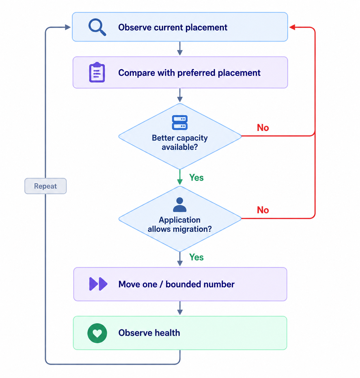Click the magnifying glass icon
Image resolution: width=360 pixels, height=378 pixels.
point(97,27)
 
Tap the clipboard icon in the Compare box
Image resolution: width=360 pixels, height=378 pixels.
point(97,72)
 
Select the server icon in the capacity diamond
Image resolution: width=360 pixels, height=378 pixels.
point(180,122)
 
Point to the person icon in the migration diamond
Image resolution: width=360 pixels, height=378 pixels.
point(180,204)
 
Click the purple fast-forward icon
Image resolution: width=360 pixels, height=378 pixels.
point(98,284)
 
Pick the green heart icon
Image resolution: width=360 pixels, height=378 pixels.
point(97,333)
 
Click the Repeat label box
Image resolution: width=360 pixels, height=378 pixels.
point(46,186)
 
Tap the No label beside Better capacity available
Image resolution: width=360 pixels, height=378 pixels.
point(263,127)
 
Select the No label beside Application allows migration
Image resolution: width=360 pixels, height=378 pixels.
point(263,210)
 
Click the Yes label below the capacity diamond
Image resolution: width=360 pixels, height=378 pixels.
point(196,177)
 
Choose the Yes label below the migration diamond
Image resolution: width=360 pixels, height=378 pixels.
point(196,257)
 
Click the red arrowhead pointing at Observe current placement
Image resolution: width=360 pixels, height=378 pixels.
point(292,27)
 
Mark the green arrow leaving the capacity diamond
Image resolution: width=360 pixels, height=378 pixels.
point(180,177)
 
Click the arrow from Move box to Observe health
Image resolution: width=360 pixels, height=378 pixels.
point(180,308)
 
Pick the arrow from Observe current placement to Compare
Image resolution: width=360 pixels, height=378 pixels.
point(180,49)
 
